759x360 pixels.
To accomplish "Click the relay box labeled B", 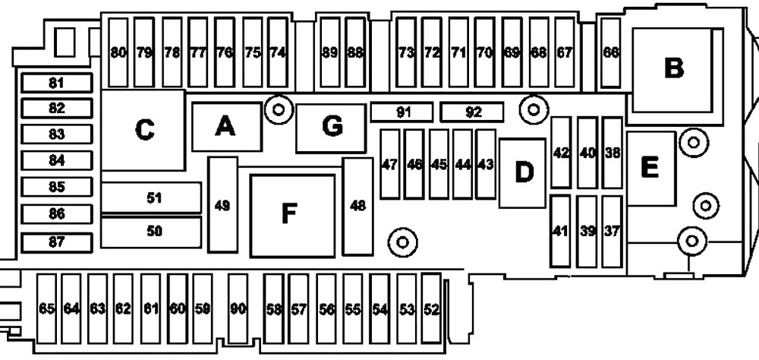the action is point(672,70).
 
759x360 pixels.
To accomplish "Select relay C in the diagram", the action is point(143,130).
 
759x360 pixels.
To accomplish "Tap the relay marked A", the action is point(226,127).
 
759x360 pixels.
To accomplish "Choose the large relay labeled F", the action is point(293,215).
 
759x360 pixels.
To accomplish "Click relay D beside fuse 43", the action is point(522,173).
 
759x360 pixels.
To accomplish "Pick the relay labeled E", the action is point(651,168).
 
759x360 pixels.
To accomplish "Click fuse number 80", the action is point(118,52).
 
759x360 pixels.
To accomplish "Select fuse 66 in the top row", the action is point(611,52).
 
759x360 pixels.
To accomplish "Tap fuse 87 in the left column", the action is point(57,242).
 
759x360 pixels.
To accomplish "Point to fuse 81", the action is point(57,83).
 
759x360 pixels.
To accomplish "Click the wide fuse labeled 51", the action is point(151,197).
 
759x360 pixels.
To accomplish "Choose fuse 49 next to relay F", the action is point(222,205).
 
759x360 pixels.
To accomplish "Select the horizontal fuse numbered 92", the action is point(472,112).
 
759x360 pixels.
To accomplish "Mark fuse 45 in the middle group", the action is point(439,164).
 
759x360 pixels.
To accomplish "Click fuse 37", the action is point(612,232).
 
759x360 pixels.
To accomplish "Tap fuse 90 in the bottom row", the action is point(238,308).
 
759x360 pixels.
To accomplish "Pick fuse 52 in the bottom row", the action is point(431,308).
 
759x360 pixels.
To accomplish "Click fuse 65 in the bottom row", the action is point(46,308).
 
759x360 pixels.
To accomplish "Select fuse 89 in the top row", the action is point(330,52).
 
